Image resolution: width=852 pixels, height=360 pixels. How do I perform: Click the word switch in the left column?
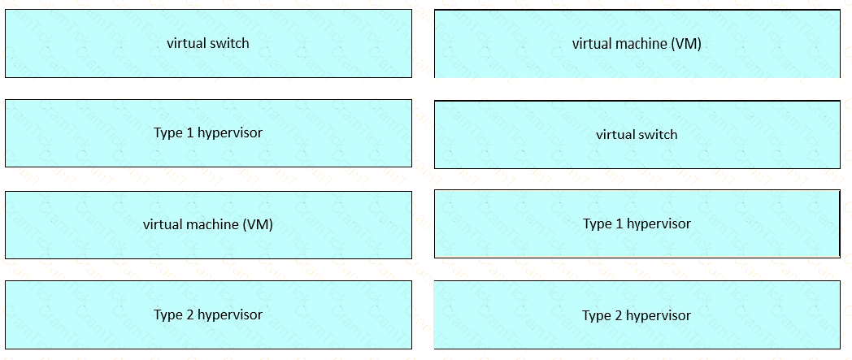(x=228, y=43)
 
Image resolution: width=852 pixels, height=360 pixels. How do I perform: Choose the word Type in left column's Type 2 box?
(x=167, y=315)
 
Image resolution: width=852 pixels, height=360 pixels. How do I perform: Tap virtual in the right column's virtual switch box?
(x=615, y=134)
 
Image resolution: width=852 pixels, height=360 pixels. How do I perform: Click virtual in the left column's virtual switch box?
(x=186, y=43)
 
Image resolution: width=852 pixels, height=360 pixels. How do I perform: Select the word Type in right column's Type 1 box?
(x=597, y=224)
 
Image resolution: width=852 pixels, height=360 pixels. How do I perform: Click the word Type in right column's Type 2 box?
(x=596, y=316)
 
